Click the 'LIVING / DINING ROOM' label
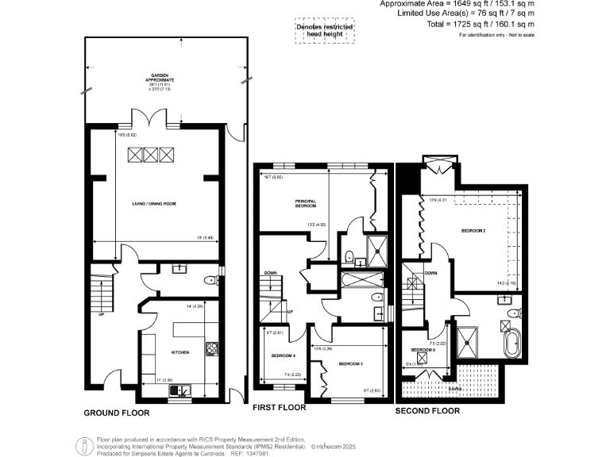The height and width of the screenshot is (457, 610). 153,204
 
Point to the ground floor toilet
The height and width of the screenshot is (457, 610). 209,279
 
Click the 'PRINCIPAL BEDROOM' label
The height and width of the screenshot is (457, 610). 306,203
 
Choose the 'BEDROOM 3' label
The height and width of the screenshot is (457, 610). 350,363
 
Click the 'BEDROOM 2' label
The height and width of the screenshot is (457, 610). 473,230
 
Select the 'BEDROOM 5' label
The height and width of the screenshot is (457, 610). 422,350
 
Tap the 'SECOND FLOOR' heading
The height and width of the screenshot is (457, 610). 427,411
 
